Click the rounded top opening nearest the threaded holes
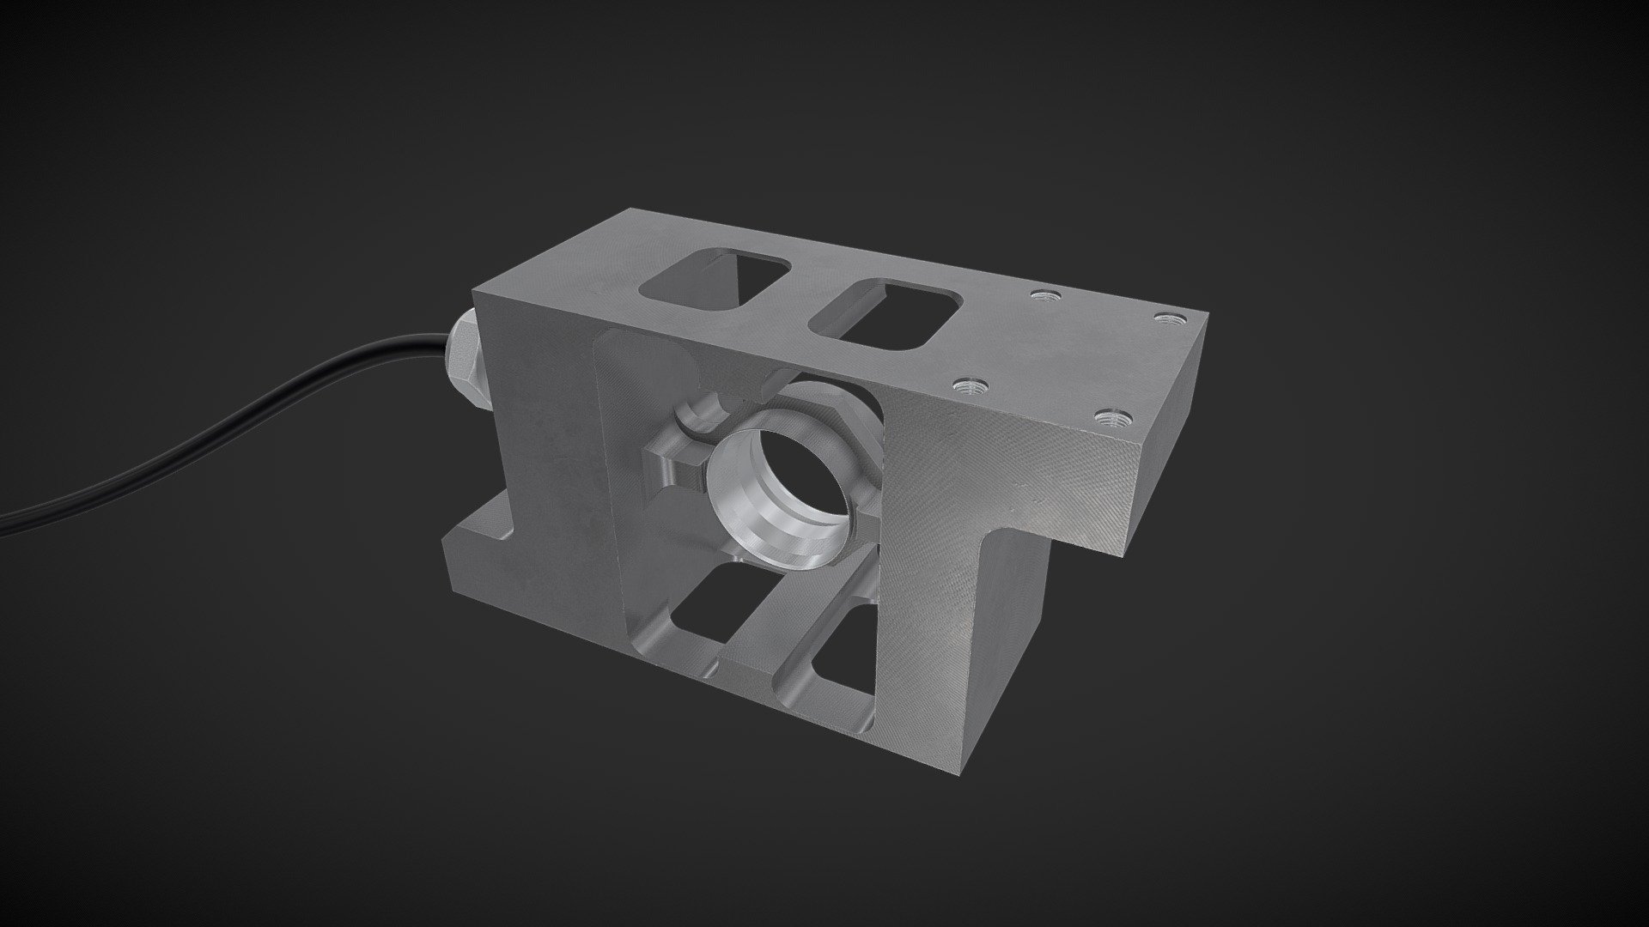884,317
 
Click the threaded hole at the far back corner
1165,318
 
